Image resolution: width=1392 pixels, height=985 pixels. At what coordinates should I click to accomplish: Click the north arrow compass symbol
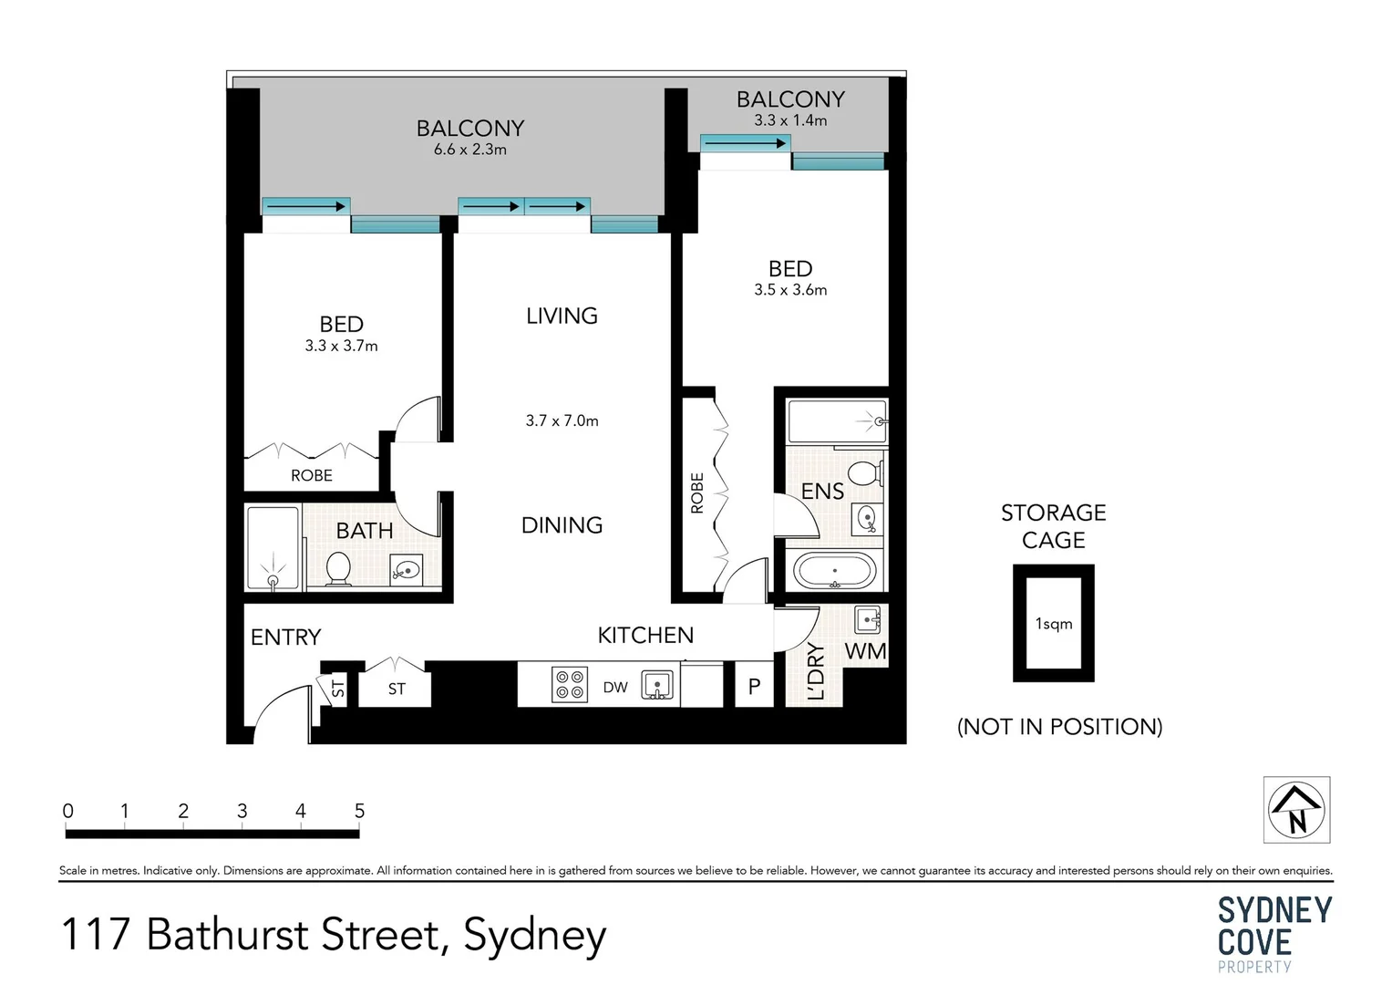[x=1295, y=810]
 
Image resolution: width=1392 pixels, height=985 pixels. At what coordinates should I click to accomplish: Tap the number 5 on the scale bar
[x=359, y=811]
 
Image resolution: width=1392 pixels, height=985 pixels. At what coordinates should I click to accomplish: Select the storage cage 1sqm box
[x=1053, y=624]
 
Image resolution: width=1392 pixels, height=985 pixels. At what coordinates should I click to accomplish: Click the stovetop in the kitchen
[x=570, y=685]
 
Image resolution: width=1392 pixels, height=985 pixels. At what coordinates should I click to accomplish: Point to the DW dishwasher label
[x=615, y=688]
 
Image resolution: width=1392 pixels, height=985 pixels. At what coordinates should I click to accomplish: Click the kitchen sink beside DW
[x=657, y=685]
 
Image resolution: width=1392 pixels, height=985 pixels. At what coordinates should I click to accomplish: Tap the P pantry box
[x=754, y=687]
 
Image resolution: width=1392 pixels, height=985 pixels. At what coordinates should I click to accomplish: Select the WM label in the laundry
[x=865, y=651]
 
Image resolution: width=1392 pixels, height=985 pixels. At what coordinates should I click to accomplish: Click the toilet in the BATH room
[x=338, y=568]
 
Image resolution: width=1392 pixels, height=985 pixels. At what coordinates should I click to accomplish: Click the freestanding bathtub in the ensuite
[x=834, y=572]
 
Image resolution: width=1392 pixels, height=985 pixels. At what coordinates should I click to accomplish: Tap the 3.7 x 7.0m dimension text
[x=562, y=420]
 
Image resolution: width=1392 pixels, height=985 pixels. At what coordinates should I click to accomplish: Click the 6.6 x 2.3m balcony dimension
[x=470, y=150]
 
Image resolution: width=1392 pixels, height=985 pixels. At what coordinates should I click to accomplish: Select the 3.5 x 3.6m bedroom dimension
[x=790, y=290]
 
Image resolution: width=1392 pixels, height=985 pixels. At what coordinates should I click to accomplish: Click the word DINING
[x=562, y=525]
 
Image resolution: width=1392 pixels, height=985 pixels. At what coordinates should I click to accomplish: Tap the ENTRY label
[x=285, y=638]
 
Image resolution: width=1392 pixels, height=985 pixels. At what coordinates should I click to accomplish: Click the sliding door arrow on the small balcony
[x=745, y=143]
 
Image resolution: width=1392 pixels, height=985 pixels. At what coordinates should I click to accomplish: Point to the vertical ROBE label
[x=697, y=493]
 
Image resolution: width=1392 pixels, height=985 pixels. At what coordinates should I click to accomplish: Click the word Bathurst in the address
[x=228, y=935]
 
